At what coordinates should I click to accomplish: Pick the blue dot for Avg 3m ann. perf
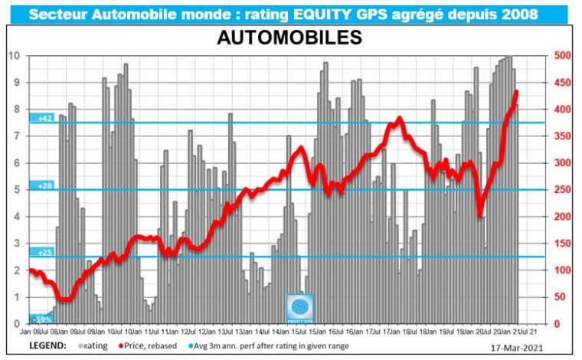pos(220,346)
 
